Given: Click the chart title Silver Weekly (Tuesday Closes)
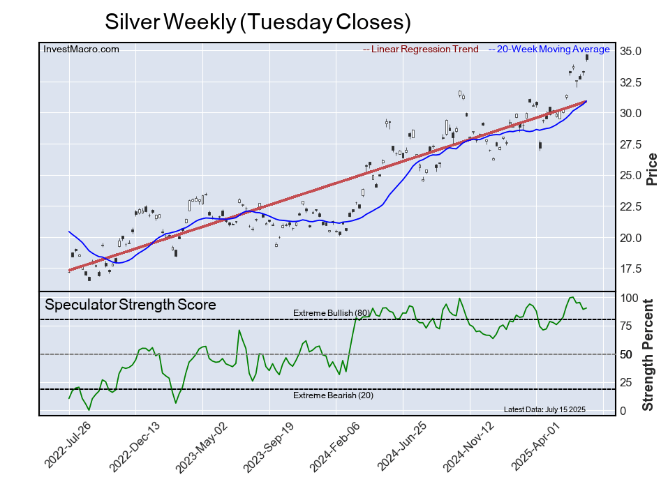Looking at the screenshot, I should [258, 22].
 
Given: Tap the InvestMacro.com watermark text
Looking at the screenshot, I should [82, 49].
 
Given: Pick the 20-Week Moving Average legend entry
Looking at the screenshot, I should [552, 50].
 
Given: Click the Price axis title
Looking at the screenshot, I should [651, 168].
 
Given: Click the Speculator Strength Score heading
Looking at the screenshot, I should [131, 305].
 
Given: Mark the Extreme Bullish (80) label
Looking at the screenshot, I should [331, 312].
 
